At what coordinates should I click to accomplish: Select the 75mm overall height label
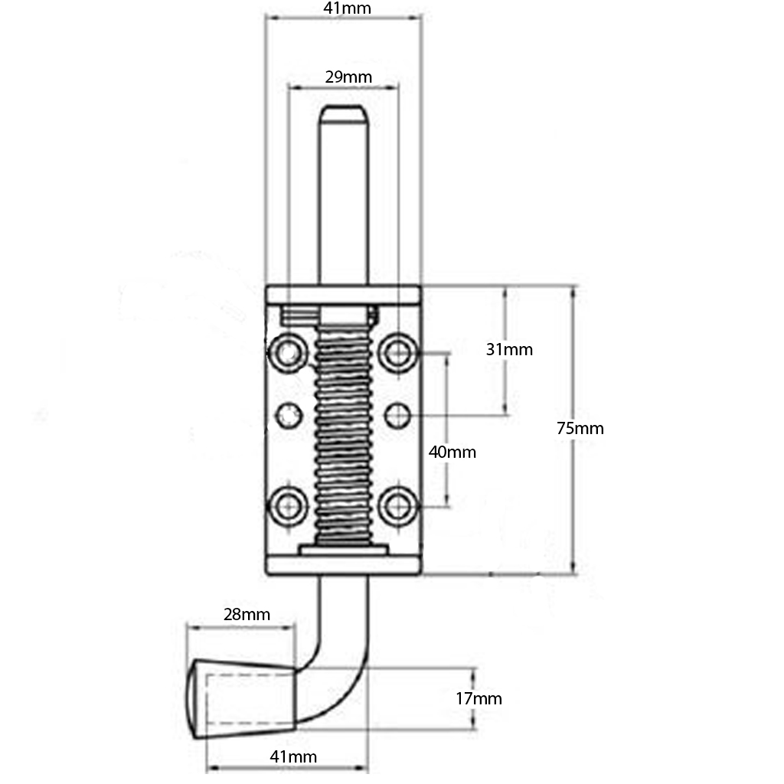(580, 428)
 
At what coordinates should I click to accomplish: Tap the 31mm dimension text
(509, 349)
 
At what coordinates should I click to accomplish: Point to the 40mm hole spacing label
(452, 452)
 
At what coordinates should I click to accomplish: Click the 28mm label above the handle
(247, 614)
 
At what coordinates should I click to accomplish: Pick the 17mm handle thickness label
(479, 697)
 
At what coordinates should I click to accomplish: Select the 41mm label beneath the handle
(292, 756)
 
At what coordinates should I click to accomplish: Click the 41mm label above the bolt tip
(344, 9)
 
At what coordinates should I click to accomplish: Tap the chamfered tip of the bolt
(342, 115)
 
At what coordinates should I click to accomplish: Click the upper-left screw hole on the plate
(288, 353)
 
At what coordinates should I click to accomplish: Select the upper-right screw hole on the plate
(397, 353)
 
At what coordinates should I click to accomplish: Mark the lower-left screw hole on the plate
(288, 505)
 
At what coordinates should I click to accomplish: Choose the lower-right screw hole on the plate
(397, 505)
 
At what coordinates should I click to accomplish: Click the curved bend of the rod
(337, 674)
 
